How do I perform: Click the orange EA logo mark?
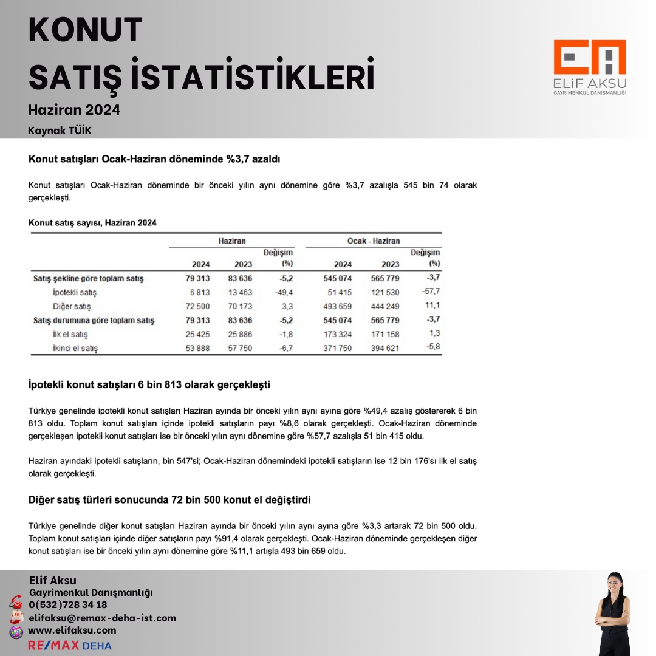click(589, 58)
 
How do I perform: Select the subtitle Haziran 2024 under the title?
click(74, 110)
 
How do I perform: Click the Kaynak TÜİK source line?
click(60, 131)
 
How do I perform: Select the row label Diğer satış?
click(72, 307)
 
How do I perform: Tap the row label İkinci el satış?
click(75, 349)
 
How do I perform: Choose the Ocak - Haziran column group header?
click(374, 241)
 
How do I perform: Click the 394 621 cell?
click(385, 349)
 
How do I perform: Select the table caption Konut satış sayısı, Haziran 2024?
click(92, 223)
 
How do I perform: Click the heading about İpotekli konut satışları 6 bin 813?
click(149, 385)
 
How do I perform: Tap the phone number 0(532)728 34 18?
click(68, 605)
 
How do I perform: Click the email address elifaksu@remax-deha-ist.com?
click(102, 618)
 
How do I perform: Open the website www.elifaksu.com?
click(72, 630)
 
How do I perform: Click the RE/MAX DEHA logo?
click(70, 645)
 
